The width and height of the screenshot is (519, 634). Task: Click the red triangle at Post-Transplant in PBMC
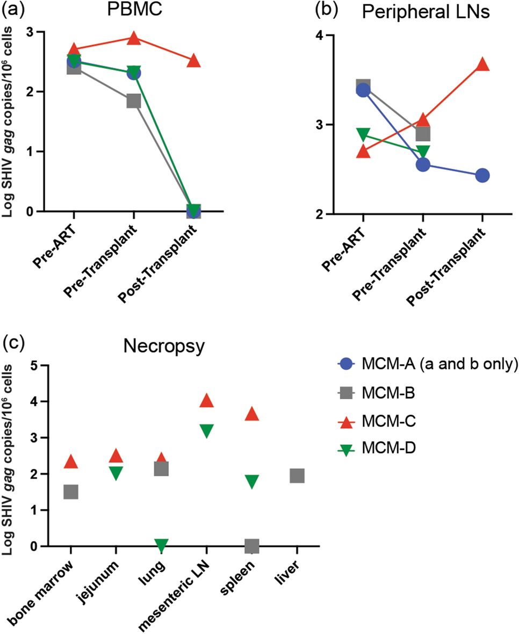point(193,61)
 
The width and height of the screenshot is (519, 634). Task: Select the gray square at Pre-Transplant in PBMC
point(134,101)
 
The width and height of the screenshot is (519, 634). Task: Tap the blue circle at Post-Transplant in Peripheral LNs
point(482,175)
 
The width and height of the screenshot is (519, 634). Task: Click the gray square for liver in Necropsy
point(297,475)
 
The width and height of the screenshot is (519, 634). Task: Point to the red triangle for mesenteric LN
point(207,401)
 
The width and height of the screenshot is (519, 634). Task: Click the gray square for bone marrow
point(71,492)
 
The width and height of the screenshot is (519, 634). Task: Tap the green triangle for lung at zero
point(162,545)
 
